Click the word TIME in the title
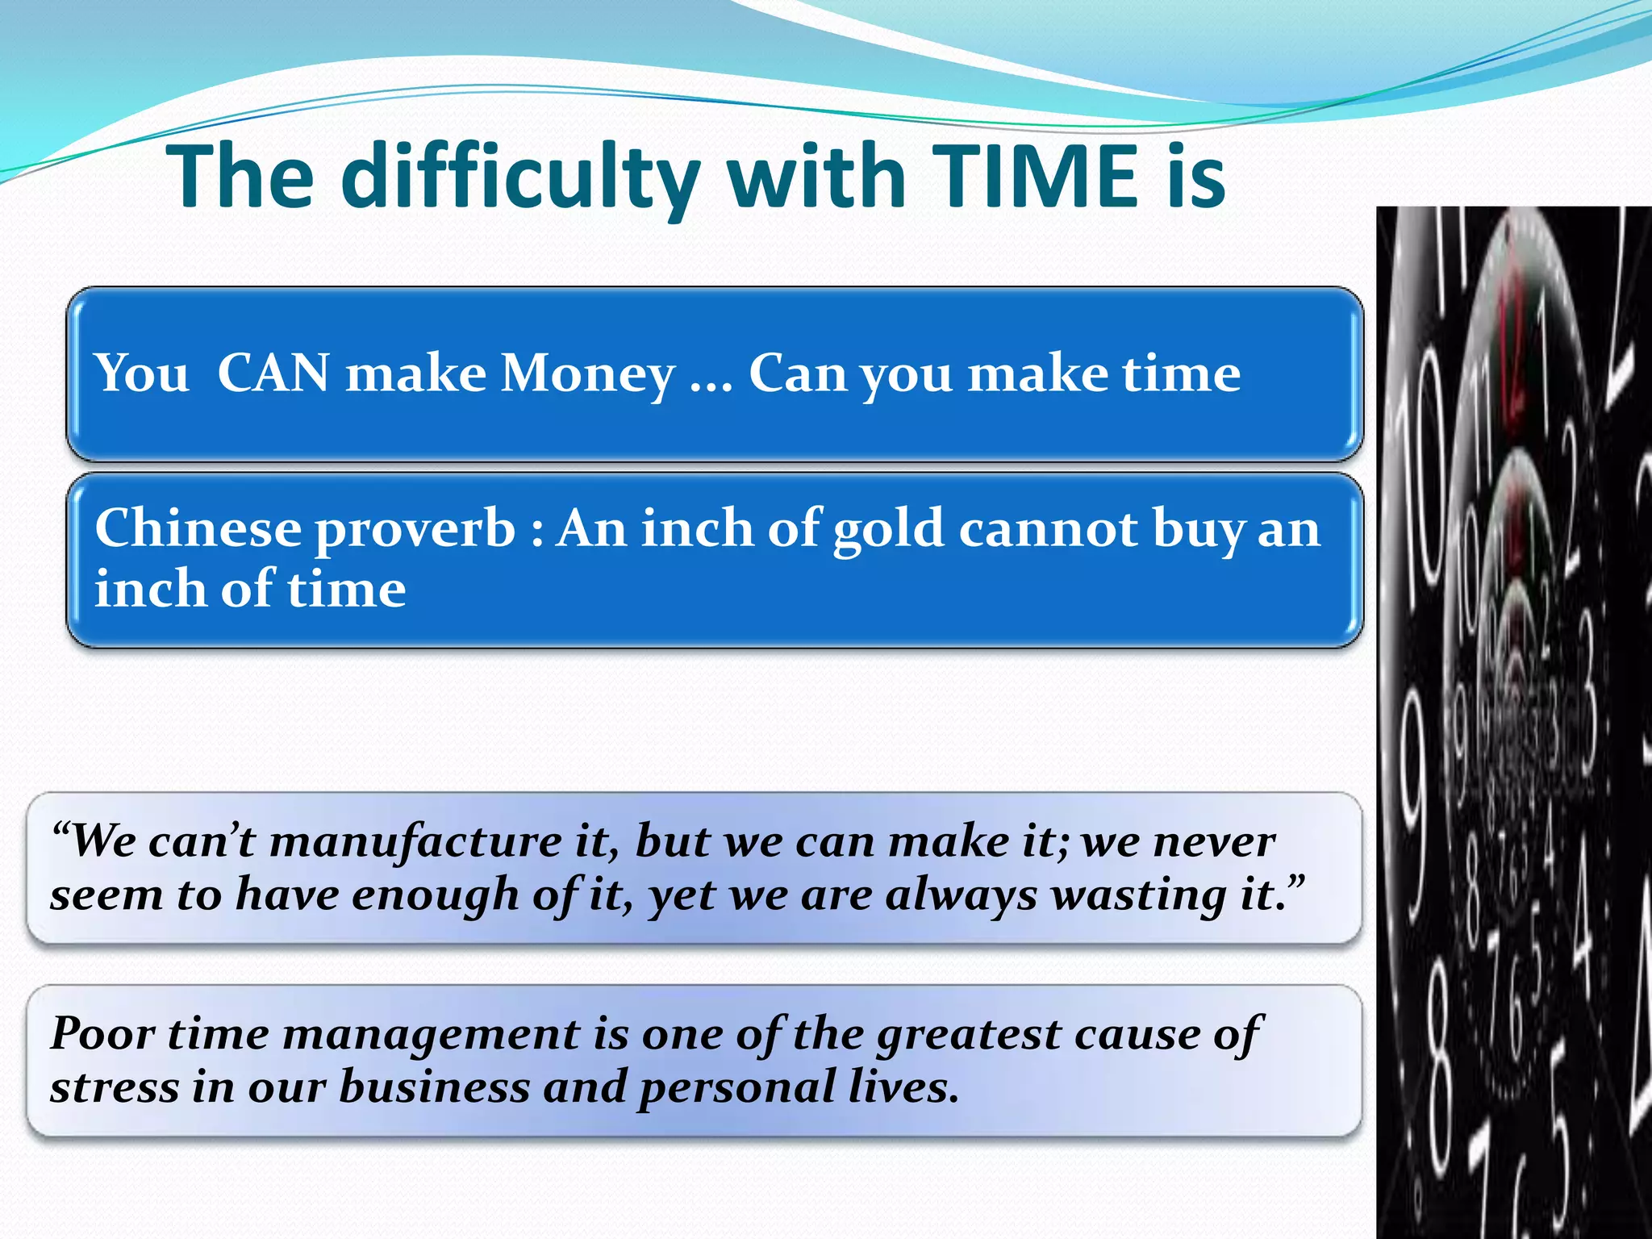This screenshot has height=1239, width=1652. [x=1041, y=176]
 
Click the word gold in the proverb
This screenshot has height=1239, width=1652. [x=888, y=531]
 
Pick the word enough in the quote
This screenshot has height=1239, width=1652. [x=435, y=895]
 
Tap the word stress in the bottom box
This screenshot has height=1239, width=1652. [x=113, y=1087]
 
